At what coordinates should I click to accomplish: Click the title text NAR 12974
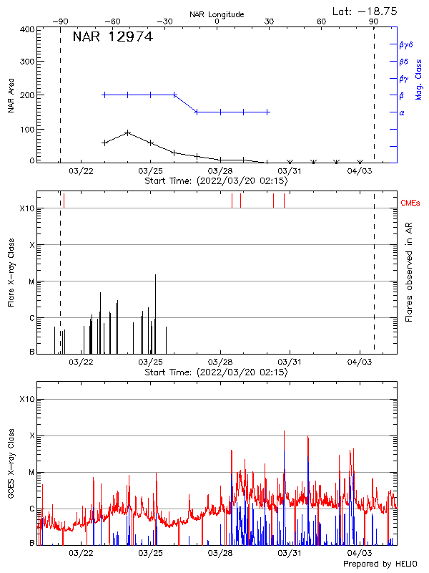[x=112, y=37]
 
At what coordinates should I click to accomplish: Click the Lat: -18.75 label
[x=365, y=11]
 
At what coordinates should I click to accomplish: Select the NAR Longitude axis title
[x=217, y=14]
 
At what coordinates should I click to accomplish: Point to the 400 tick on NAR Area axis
[x=26, y=30]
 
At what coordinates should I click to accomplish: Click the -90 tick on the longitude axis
[x=60, y=22]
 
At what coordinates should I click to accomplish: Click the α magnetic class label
[x=401, y=112]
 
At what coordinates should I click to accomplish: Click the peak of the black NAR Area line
[x=127, y=133]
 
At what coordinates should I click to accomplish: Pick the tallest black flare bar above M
[x=155, y=275]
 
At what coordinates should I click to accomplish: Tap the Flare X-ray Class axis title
[x=11, y=272]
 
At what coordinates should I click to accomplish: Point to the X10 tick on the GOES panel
[x=26, y=399]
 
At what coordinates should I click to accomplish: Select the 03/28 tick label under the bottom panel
[x=220, y=553]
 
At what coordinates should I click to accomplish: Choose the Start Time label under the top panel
[x=216, y=181]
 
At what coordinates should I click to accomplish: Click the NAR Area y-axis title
[x=11, y=95]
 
